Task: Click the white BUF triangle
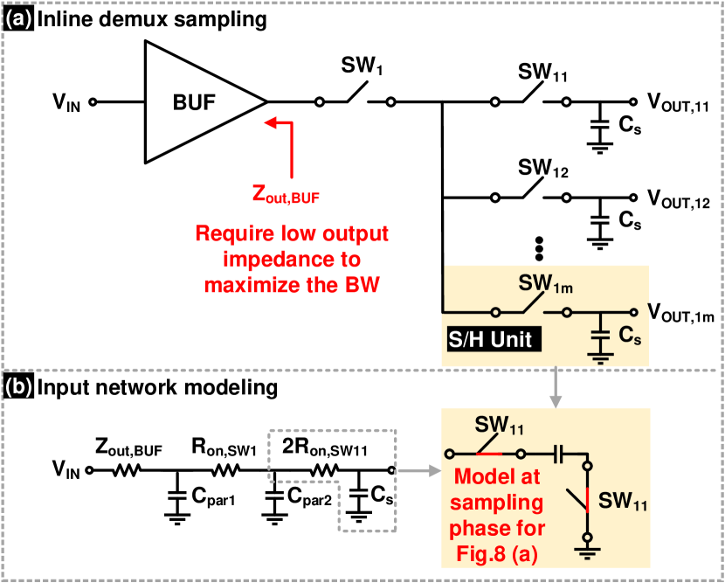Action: [x=192, y=102]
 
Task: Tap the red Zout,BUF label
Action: [x=286, y=195]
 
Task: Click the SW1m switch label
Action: [x=546, y=284]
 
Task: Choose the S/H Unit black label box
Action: [x=490, y=338]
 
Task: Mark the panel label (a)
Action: [x=18, y=18]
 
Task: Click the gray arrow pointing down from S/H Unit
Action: [x=556, y=389]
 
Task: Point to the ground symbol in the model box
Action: [x=589, y=551]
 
